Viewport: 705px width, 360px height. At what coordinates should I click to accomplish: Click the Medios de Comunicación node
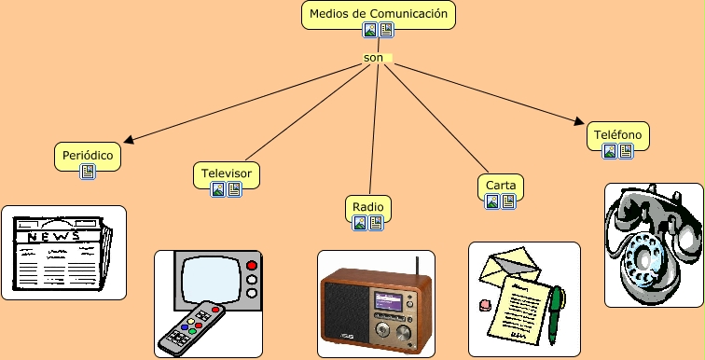click(379, 14)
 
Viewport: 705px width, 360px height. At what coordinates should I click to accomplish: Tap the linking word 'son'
click(374, 58)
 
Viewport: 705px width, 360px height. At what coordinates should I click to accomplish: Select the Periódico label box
click(88, 154)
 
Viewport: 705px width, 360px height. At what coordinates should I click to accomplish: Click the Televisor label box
click(227, 173)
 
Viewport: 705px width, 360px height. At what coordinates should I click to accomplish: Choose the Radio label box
click(368, 206)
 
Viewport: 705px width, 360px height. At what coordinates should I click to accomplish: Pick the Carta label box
click(501, 185)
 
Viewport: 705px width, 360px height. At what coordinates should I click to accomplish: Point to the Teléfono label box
click(618, 135)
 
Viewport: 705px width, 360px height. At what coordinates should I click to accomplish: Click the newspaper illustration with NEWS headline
click(63, 253)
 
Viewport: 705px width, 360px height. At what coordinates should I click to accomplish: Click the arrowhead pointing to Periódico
click(130, 141)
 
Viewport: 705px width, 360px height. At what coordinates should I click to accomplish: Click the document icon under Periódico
click(88, 172)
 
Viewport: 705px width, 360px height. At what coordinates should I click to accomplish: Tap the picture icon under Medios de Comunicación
click(370, 31)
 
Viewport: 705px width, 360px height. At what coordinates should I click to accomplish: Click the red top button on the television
click(250, 266)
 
